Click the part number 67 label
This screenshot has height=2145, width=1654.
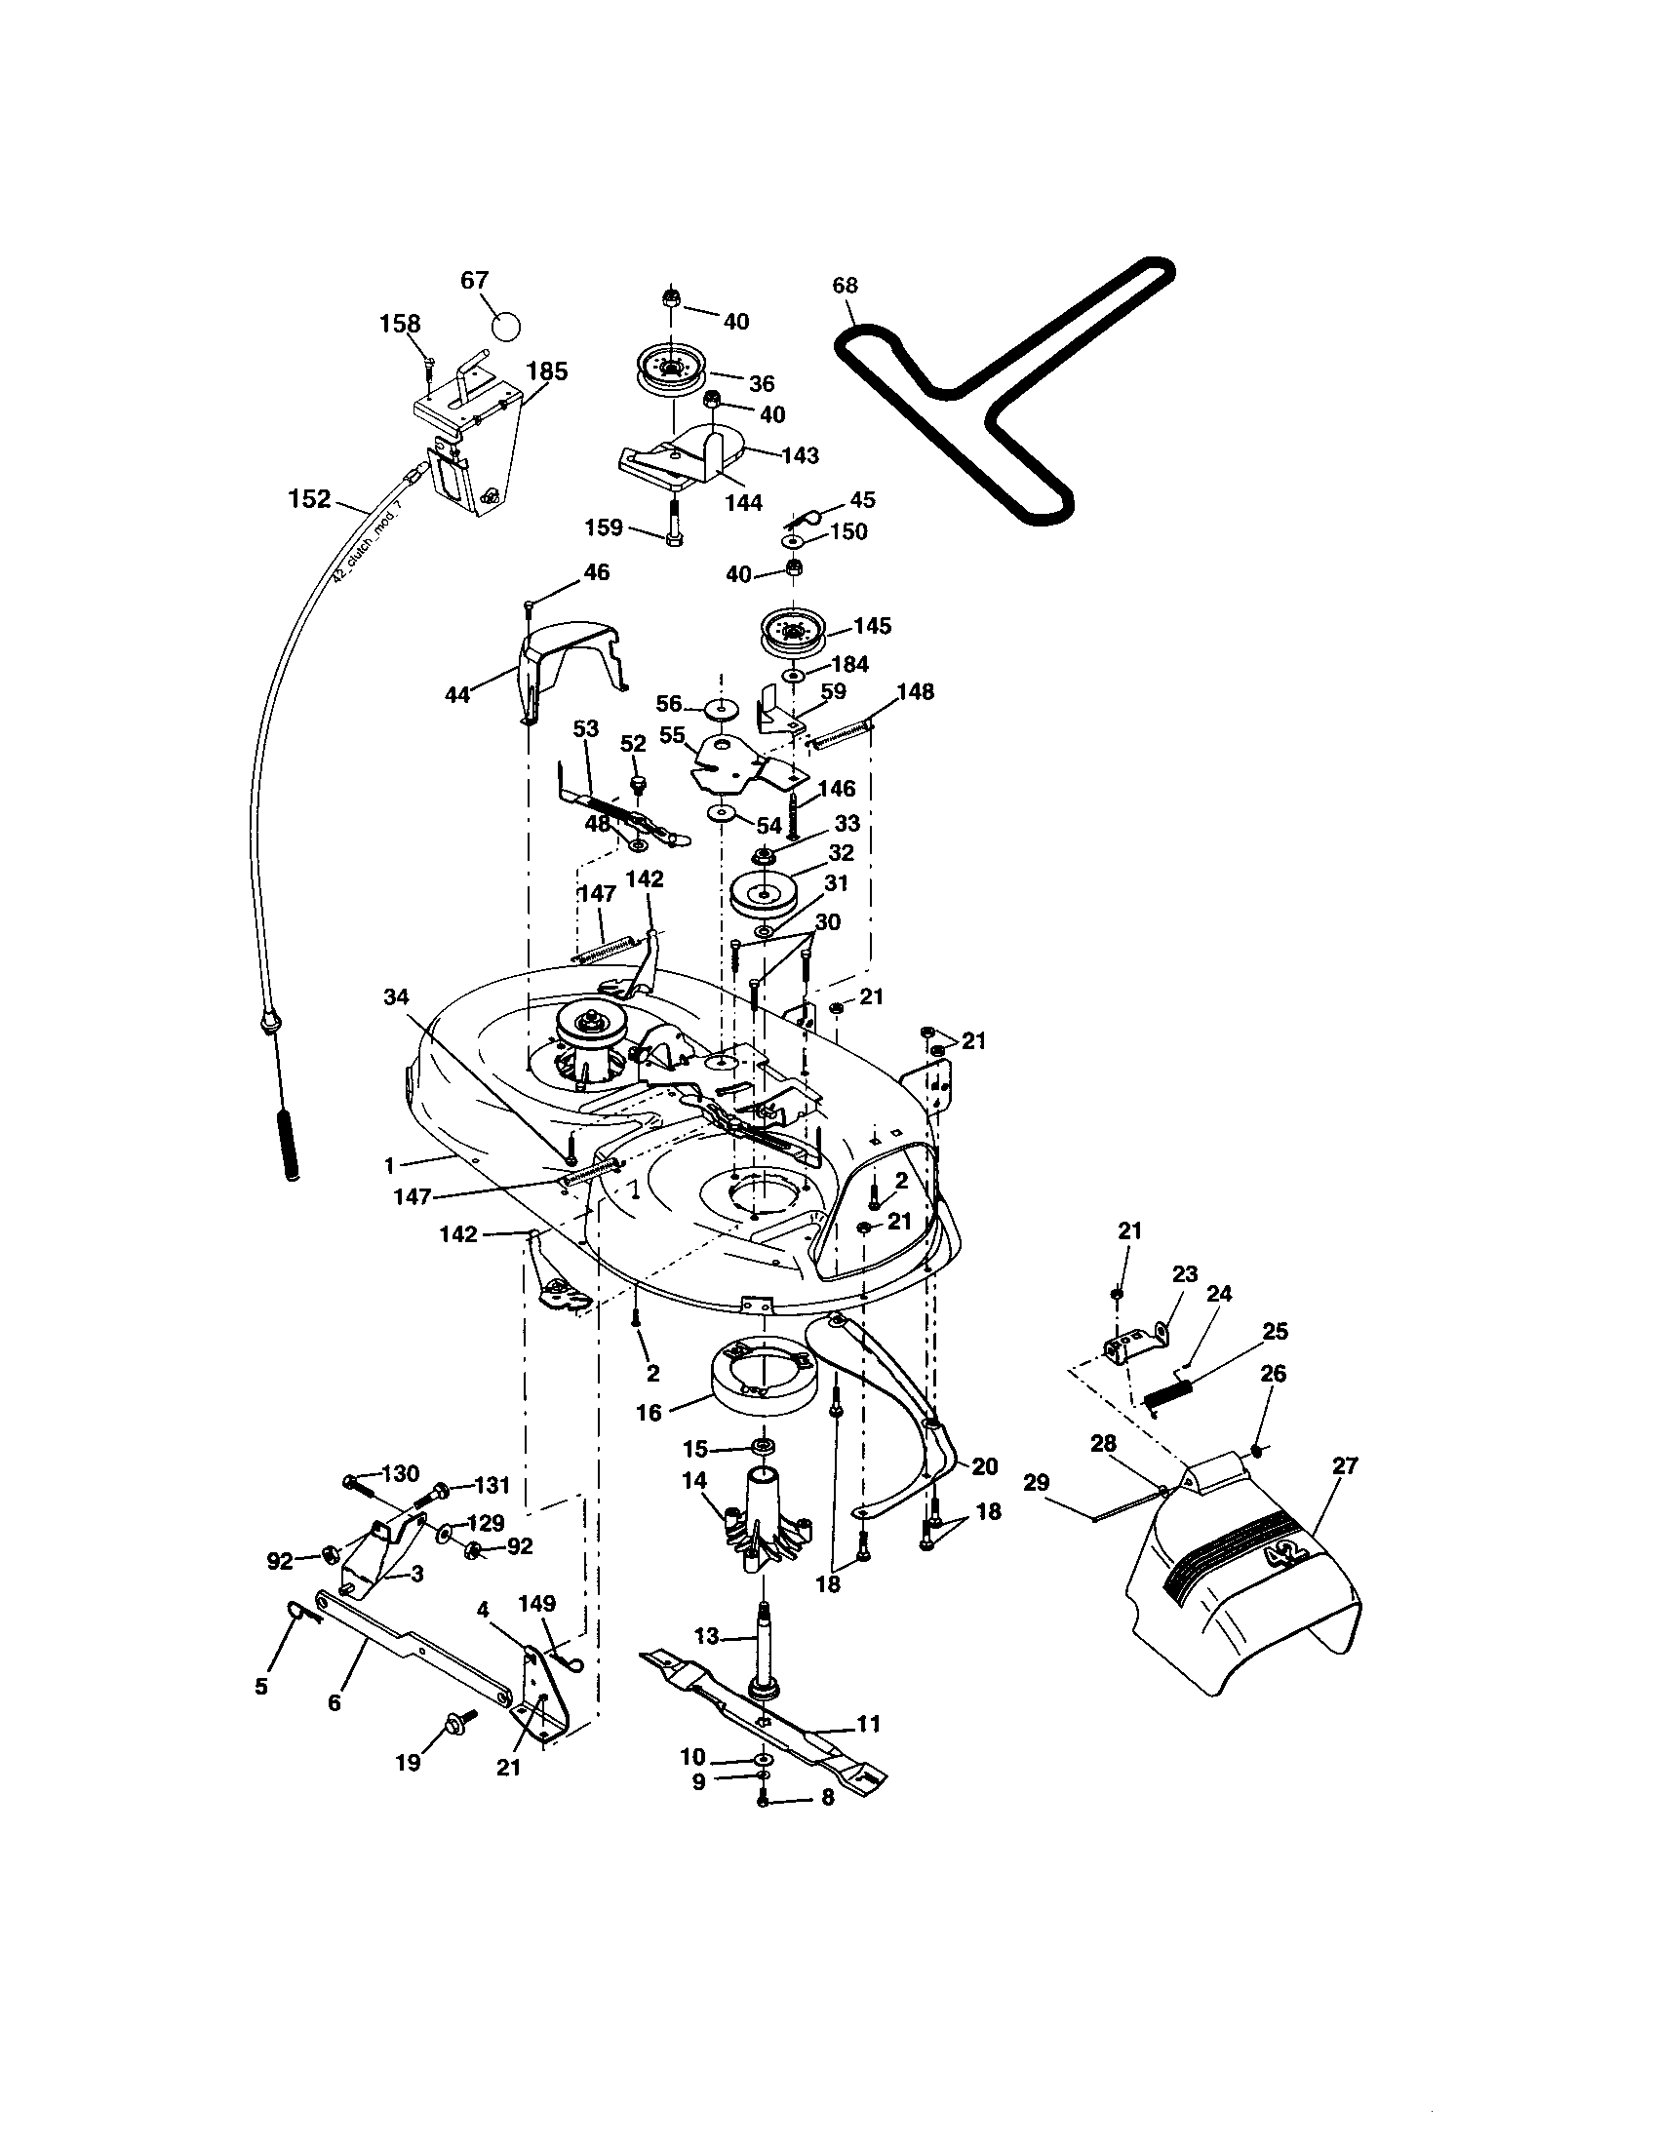click(x=474, y=281)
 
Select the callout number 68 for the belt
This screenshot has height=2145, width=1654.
click(x=845, y=285)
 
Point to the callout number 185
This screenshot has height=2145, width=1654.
click(x=547, y=371)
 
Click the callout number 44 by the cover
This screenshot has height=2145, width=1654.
click(x=457, y=694)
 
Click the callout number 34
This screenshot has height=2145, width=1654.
click(x=396, y=997)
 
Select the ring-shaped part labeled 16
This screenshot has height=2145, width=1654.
click(x=759, y=1382)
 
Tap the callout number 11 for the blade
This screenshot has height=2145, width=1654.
click(x=868, y=1724)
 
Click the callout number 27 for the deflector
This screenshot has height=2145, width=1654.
click(x=1345, y=1466)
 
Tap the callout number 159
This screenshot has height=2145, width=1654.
click(x=603, y=527)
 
